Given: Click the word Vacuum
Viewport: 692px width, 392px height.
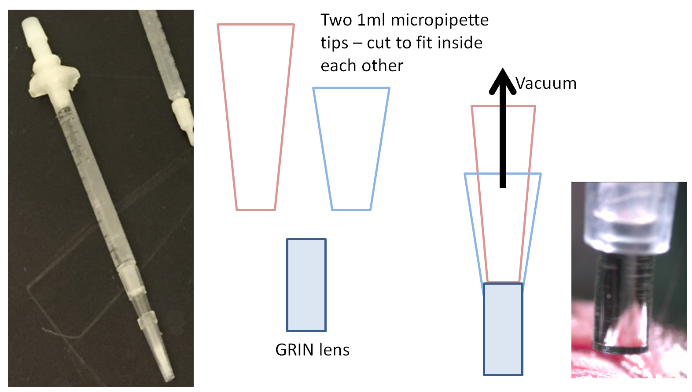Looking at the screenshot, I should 546,83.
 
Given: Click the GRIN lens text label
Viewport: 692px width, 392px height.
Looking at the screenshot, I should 312,350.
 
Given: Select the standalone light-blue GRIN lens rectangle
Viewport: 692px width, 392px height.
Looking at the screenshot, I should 306,285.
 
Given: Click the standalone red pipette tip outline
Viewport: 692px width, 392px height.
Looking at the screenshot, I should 256,117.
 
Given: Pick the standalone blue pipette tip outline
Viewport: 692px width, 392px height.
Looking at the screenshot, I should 351,149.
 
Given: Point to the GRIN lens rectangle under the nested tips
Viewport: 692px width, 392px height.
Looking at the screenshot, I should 503,329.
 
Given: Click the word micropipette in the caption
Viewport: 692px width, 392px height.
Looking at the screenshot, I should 439,20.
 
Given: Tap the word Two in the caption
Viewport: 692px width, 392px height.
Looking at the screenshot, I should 336,20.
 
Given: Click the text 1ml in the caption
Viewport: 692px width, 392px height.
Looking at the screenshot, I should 372,20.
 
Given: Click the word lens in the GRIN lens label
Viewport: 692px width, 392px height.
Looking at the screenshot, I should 334,350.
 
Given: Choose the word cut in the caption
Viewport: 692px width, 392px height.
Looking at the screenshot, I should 379,43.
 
